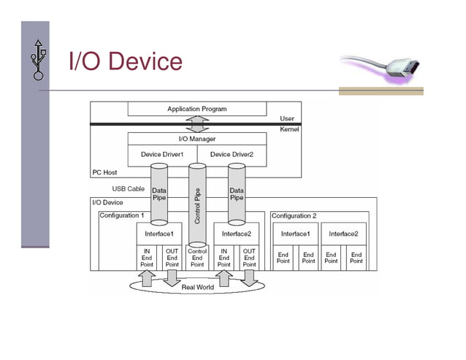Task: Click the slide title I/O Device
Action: pyautogui.click(x=125, y=61)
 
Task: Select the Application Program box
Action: pyautogui.click(x=196, y=109)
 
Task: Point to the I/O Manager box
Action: pyautogui.click(x=196, y=138)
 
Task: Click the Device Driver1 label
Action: pyautogui.click(x=162, y=154)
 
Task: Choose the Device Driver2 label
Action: pyautogui.click(x=232, y=154)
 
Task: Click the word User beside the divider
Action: pyautogui.click(x=287, y=118)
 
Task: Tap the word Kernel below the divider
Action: pyautogui.click(x=289, y=129)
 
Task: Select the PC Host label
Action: pyautogui.click(x=105, y=173)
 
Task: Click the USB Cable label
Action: pyautogui.click(x=127, y=188)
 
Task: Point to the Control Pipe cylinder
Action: pyautogui.click(x=197, y=204)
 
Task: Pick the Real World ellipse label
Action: pyautogui.click(x=197, y=287)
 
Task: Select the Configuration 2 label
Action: pyautogui.click(x=294, y=216)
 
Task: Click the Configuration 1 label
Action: pyautogui.click(x=121, y=216)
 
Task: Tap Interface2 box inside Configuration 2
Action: pyautogui.click(x=343, y=234)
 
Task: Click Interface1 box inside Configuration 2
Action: pyautogui.click(x=296, y=234)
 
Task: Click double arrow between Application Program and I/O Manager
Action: pyautogui.click(x=196, y=123)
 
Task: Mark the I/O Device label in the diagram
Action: pyautogui.click(x=107, y=202)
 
